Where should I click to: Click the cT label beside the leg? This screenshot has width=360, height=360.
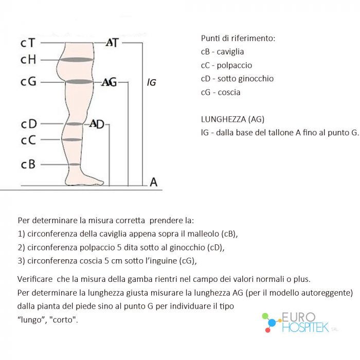click(28, 43)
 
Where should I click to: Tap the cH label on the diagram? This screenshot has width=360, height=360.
click(28, 60)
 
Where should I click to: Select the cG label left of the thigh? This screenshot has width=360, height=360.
click(28, 81)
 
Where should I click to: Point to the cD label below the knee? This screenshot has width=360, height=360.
click(29, 124)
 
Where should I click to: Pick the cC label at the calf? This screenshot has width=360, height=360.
click(28, 140)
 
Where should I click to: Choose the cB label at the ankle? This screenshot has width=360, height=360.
click(28, 164)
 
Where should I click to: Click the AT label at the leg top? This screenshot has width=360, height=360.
click(112, 43)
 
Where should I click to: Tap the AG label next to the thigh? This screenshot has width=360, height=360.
click(109, 82)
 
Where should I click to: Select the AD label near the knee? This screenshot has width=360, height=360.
click(97, 124)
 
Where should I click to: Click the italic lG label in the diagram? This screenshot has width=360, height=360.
click(152, 82)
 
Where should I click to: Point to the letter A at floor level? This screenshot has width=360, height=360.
click(154, 182)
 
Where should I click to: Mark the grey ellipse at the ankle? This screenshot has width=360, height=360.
click(74, 165)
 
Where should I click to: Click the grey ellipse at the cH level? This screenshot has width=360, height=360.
click(77, 60)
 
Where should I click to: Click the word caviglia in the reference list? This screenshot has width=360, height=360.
click(230, 51)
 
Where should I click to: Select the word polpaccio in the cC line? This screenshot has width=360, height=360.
click(235, 65)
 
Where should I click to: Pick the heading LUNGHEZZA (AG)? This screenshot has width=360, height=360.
click(232, 119)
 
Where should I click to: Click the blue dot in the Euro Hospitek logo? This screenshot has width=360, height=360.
click(272, 323)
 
